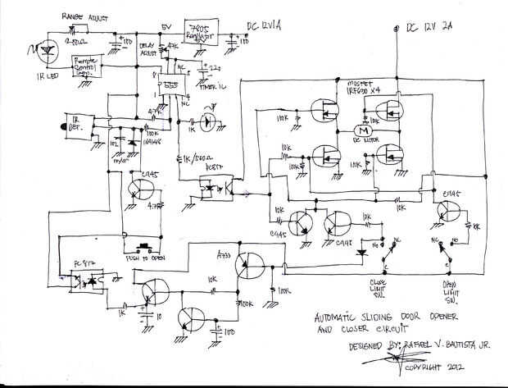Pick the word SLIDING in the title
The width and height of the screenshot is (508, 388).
(x=388, y=319)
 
